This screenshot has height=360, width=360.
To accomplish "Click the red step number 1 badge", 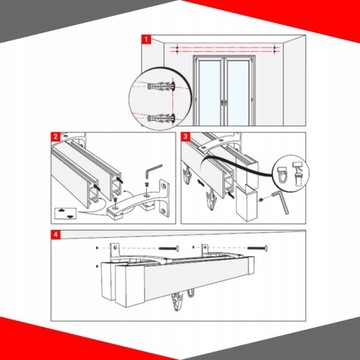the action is point(146,40).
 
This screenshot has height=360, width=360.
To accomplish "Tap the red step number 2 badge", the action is point(55,137).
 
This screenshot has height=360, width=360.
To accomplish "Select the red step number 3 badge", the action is point(185,137).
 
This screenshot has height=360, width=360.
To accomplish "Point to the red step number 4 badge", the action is point(55,234).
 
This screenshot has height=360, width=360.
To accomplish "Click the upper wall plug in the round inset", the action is point(161,87).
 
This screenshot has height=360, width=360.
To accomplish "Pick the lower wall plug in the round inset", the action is point(161,118).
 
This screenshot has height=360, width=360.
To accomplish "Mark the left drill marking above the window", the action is point(177,49).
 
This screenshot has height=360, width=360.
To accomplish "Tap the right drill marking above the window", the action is point(274,49).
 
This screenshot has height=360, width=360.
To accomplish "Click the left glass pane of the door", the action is point(209,92).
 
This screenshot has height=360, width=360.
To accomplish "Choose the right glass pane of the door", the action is point(238,92).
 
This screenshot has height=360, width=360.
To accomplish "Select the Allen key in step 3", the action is point(281,202).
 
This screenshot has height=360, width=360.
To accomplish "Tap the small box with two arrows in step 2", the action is point(66,213).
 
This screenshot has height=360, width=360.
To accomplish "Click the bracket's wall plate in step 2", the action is point(163,198).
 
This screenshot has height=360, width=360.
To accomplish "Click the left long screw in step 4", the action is point(169,248).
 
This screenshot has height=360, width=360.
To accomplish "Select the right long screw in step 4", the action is point(257,248).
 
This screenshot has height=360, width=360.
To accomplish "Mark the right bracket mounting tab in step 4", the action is point(205,250).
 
